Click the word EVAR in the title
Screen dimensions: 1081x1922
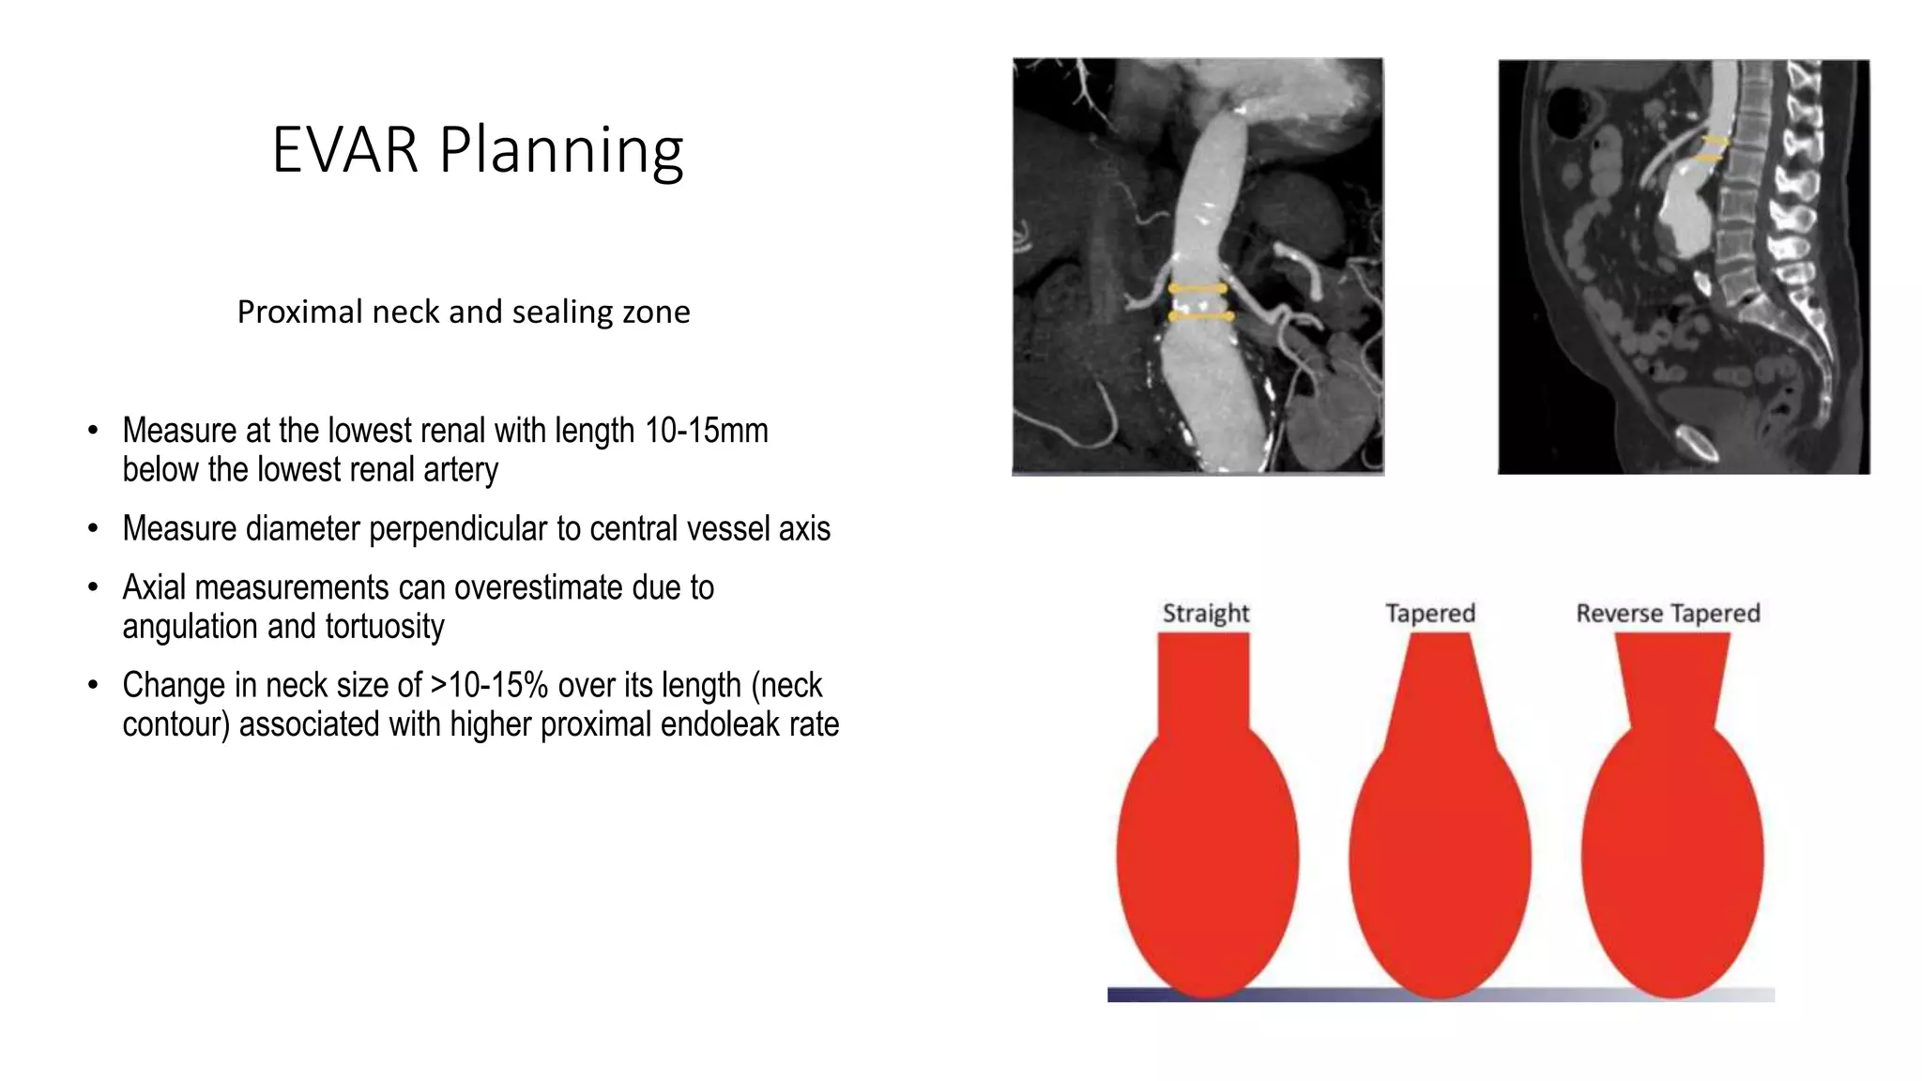coord(343,150)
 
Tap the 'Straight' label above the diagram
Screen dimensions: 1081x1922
coord(1206,613)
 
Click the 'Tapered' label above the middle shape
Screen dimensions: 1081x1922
coord(1430,613)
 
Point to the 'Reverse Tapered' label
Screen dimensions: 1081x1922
coord(1668,613)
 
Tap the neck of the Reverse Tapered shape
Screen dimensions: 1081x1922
coord(1671,680)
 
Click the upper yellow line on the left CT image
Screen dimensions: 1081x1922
coord(1197,289)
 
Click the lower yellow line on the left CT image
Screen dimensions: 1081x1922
coord(1200,317)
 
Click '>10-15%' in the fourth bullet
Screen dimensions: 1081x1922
coord(489,685)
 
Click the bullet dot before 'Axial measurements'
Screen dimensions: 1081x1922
coord(92,587)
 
